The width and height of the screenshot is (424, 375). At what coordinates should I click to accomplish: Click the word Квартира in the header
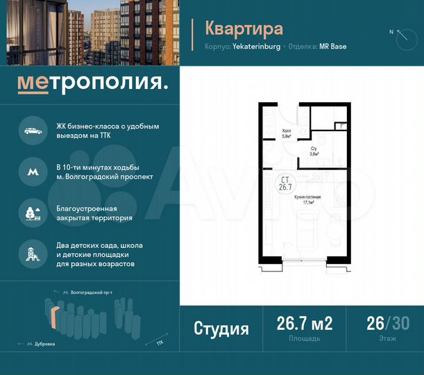[x=244, y=28]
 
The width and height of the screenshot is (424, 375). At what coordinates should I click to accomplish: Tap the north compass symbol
[x=402, y=37]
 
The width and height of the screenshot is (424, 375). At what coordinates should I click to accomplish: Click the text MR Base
[x=333, y=47]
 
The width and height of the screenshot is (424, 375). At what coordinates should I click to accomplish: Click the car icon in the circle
[x=33, y=131]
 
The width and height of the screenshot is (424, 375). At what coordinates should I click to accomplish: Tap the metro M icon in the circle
[x=33, y=172]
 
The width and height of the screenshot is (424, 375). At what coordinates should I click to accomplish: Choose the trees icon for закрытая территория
[x=33, y=212]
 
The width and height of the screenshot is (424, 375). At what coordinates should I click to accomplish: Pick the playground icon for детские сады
[x=33, y=253]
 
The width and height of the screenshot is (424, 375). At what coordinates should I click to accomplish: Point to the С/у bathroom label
[x=314, y=151]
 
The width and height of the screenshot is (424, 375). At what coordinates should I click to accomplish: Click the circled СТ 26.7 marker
[x=284, y=183]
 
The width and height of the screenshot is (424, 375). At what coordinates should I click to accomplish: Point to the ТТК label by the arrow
[x=160, y=342]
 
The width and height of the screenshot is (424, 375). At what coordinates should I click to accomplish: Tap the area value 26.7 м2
[x=305, y=324]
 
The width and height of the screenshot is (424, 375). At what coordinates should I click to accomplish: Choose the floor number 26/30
[x=387, y=324]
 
